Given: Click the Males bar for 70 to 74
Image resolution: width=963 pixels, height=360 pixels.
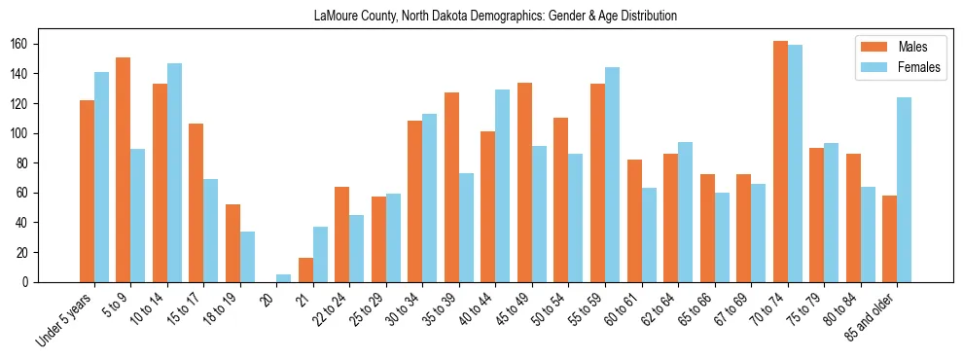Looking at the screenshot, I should [780, 162].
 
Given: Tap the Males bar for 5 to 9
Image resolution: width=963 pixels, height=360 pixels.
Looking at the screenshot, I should [124, 169].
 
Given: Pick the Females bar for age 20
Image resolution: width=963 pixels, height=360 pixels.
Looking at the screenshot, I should [284, 278].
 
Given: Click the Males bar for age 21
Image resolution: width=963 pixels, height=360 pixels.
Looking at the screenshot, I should [305, 270].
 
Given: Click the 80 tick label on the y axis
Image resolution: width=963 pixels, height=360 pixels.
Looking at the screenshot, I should [28, 163].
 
